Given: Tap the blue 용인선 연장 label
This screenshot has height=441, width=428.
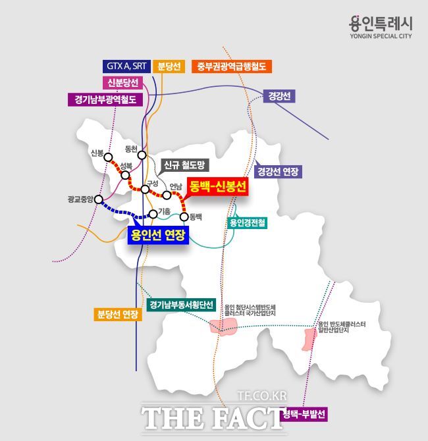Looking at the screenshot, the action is (158, 235).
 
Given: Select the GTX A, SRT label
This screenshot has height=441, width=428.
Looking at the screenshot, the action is (127, 66).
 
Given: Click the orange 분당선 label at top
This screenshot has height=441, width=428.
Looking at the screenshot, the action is (170, 66).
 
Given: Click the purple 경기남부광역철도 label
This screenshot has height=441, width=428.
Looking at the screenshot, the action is (105, 99).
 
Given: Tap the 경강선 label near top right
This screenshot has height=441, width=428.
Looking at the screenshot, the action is (279, 96).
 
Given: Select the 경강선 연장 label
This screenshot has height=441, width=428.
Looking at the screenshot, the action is (278, 172).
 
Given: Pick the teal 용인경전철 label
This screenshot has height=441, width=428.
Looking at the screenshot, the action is (247, 223).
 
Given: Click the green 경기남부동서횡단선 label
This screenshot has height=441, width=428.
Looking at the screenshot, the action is (181, 305).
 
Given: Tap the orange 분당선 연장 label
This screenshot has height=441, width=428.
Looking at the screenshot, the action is (118, 314).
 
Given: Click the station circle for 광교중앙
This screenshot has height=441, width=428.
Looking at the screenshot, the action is (99, 199).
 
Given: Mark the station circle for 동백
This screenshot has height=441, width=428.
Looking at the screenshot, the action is (184, 216).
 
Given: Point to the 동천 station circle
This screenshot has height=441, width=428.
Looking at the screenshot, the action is (142, 155).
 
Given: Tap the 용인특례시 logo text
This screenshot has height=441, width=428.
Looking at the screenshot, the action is (381, 23).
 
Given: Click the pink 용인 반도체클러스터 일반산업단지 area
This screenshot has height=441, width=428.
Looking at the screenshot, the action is (308, 340).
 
